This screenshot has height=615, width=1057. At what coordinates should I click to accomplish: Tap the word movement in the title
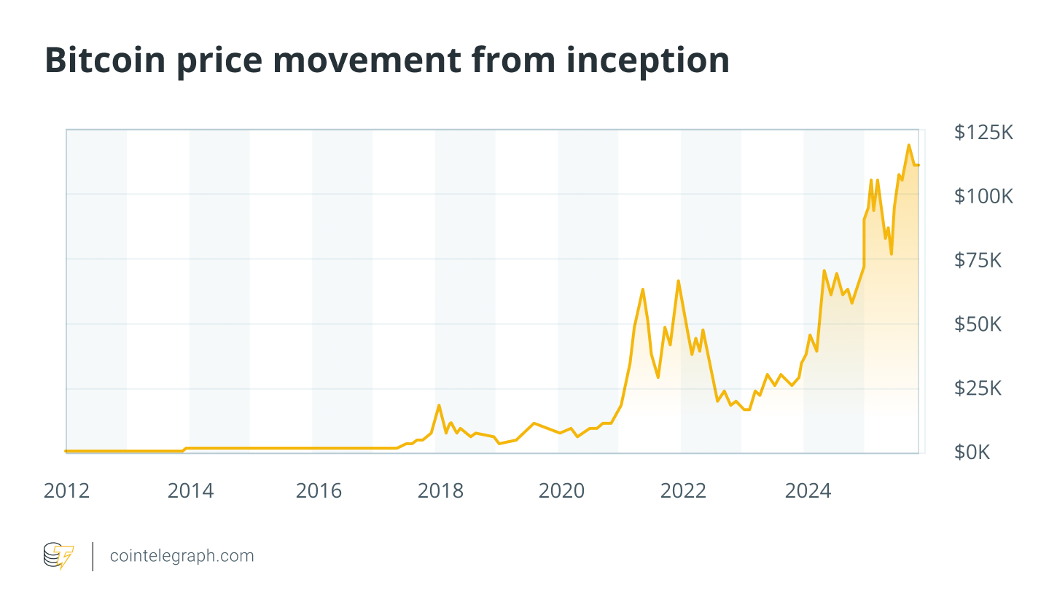(x=367, y=60)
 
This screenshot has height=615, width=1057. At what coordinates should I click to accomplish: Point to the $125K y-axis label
(x=983, y=132)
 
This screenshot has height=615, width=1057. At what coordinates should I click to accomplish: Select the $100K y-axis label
(x=983, y=196)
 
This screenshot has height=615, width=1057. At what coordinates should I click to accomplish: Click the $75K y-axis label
(x=978, y=260)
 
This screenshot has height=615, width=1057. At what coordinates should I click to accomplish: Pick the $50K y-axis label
(x=978, y=324)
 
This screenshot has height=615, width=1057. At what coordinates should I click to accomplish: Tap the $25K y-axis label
(x=978, y=388)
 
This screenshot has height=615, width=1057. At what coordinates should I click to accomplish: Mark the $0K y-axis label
(x=972, y=453)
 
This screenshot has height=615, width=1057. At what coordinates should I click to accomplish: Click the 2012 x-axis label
(x=66, y=491)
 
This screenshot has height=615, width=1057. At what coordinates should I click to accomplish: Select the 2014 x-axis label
(x=190, y=491)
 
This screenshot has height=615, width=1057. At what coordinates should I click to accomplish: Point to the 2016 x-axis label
(x=319, y=491)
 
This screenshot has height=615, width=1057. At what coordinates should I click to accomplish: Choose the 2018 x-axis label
(x=440, y=491)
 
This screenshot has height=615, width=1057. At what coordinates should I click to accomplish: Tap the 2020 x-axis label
(x=561, y=491)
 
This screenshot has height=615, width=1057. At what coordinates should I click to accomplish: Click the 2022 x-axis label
(x=683, y=491)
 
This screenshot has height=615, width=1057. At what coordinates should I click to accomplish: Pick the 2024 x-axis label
(x=808, y=491)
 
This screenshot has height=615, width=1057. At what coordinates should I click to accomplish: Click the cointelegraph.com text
(x=182, y=556)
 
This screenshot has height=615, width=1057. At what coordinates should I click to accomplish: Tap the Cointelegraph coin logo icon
(x=58, y=556)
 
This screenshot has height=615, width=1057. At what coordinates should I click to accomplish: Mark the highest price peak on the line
(x=908, y=145)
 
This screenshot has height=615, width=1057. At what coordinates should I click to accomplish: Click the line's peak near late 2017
(x=439, y=405)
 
